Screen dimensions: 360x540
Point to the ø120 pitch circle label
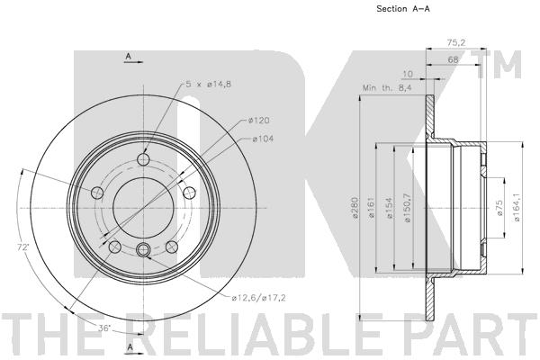click(261, 121)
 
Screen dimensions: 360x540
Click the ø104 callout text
click(261, 138)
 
